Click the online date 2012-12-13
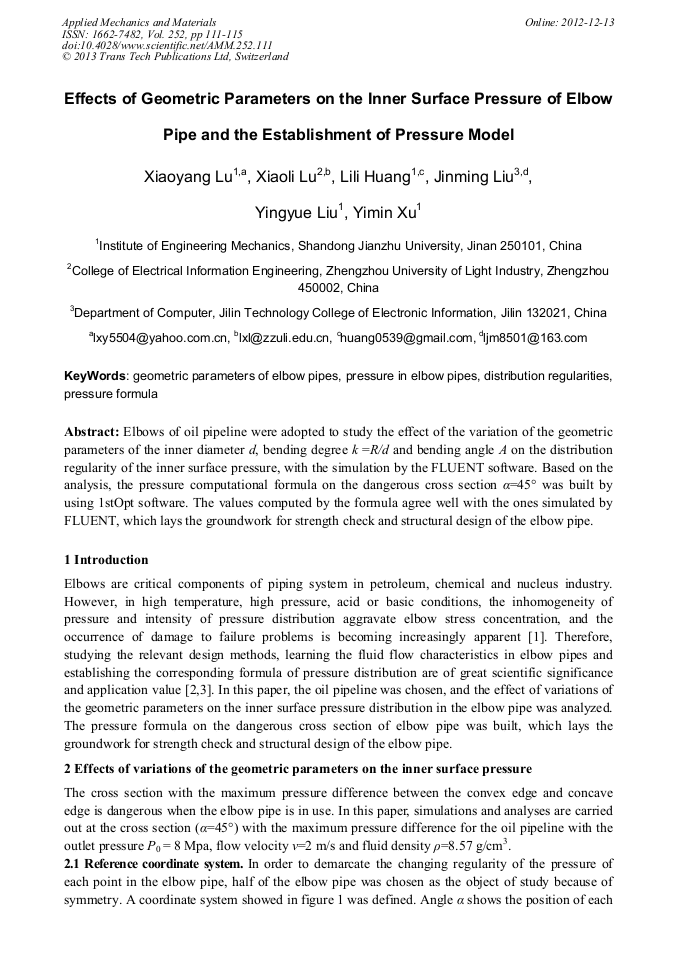click(x=587, y=22)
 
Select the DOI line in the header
click(x=167, y=45)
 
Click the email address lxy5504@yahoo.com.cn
click(x=161, y=339)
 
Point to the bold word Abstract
click(x=91, y=433)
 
